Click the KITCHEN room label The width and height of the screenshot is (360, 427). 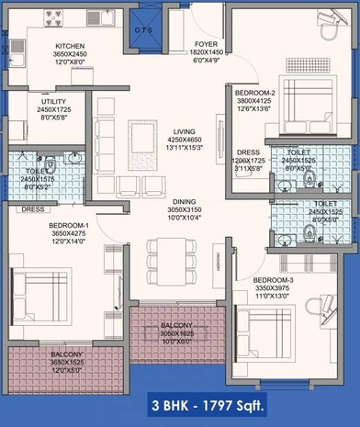click(x=71, y=45)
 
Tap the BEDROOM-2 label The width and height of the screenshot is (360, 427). click(x=251, y=94)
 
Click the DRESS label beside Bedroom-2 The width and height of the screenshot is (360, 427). click(x=248, y=152)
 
